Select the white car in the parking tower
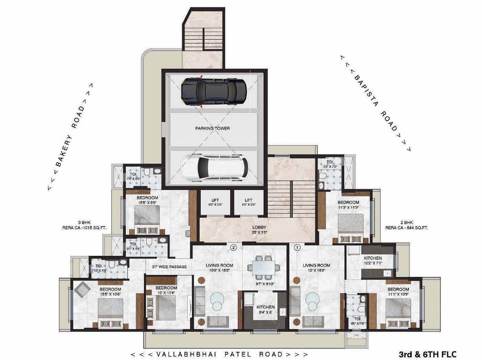tap(214, 168)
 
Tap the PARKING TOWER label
tap(212, 128)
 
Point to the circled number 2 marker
tap(233, 248)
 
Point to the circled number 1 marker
tap(297, 248)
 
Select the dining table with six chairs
tap(261, 266)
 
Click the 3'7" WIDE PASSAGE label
tap(169, 267)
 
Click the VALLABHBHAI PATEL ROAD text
tap(219, 354)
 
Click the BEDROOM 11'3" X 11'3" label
tap(348, 205)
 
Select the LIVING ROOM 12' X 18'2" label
tap(316, 268)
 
